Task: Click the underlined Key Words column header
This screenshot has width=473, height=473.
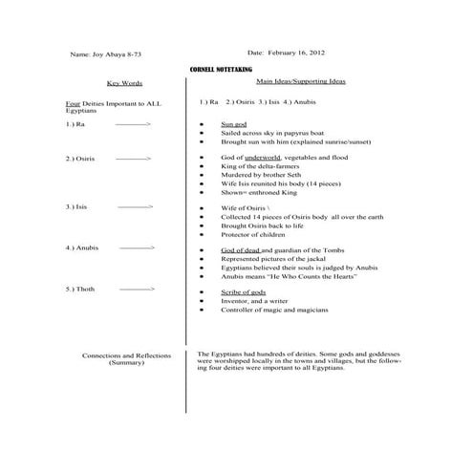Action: [x=124, y=83]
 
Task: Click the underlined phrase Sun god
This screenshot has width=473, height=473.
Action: [x=234, y=124]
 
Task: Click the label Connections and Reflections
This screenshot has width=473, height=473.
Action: [x=126, y=355]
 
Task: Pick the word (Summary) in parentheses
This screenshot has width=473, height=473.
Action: [x=126, y=363]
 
